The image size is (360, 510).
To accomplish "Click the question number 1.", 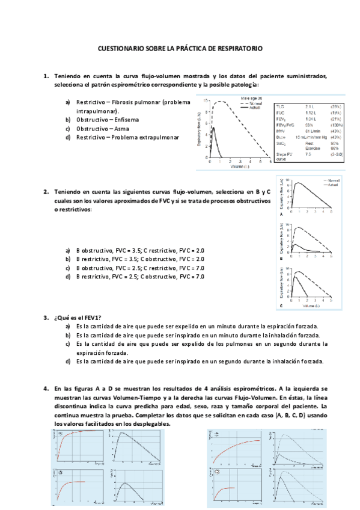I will coord(46,76).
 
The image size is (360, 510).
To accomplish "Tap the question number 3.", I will coord(46,317).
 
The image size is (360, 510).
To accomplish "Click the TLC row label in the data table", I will coord(280,106).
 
